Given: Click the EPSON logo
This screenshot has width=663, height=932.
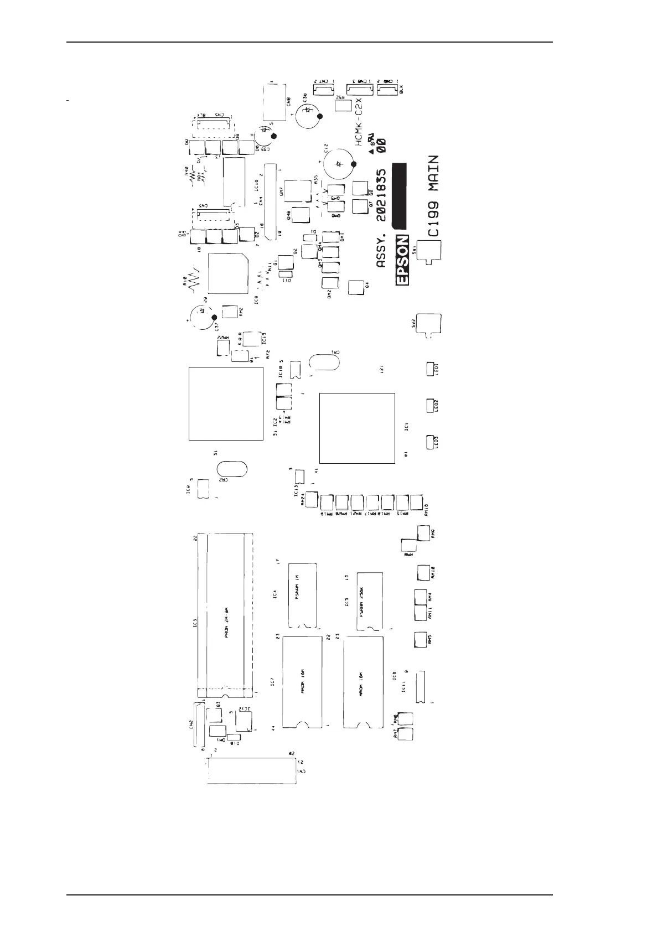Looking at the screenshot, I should [x=403, y=260].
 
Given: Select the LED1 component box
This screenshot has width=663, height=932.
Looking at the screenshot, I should [x=431, y=369].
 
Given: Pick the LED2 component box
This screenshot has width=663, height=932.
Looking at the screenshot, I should [x=431, y=406].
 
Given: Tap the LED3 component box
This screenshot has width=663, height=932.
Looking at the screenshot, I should [x=431, y=442].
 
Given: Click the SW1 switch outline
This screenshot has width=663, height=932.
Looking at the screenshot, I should [x=429, y=252].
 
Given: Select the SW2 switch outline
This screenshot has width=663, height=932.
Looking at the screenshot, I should [x=429, y=324].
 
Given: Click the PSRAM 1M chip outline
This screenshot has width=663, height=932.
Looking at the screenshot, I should [x=303, y=596].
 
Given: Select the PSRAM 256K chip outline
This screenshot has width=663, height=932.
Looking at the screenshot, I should [x=370, y=600].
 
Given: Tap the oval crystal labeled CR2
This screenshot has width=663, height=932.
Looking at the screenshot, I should [x=231, y=468].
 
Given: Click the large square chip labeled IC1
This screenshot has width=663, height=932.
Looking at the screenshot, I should [x=358, y=427].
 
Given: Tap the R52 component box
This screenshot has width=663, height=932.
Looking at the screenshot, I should [x=344, y=104].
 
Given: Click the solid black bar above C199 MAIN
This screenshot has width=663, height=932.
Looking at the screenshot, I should [x=400, y=196].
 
